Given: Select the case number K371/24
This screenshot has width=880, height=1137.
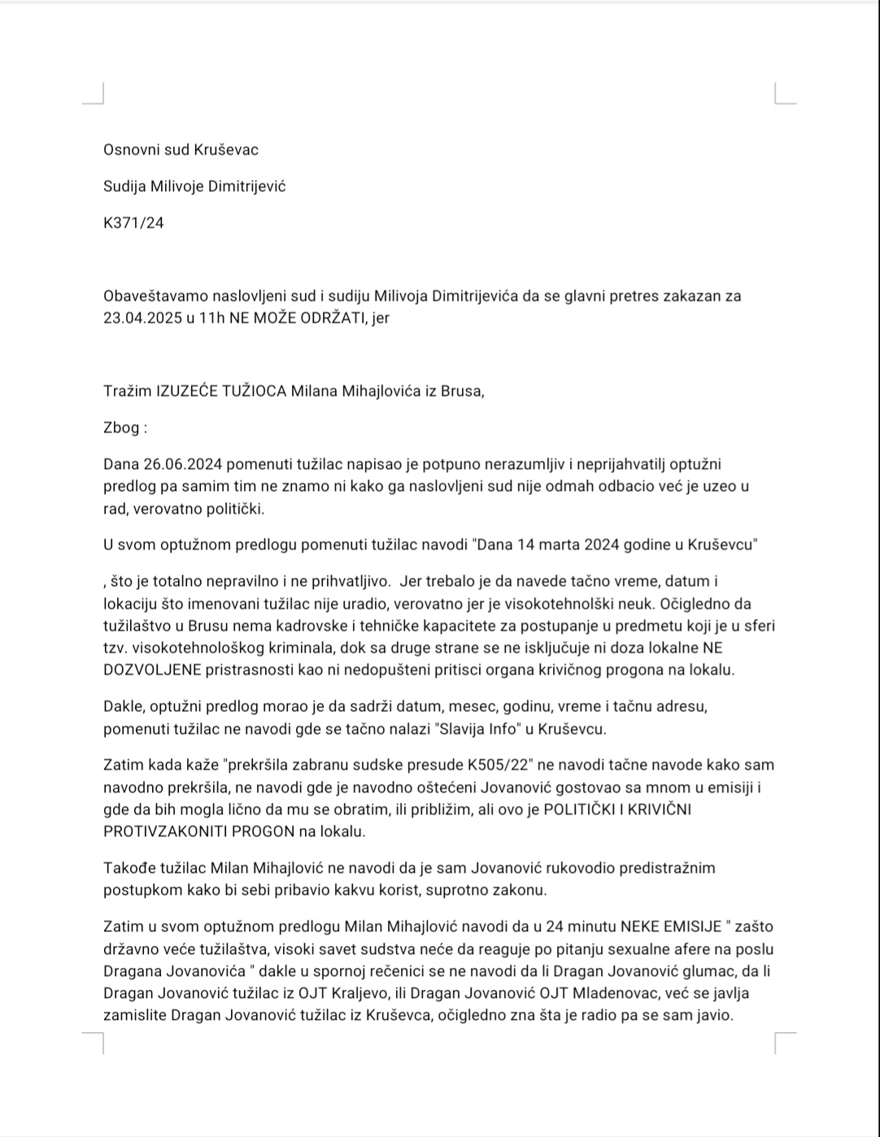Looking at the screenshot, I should click(133, 223).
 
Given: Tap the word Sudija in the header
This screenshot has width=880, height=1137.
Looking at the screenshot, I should click(124, 186).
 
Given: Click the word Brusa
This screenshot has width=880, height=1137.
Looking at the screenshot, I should click(462, 391).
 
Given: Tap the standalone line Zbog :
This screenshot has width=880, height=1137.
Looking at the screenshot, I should click(124, 427).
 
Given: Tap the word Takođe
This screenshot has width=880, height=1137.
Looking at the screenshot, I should click(127, 868).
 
